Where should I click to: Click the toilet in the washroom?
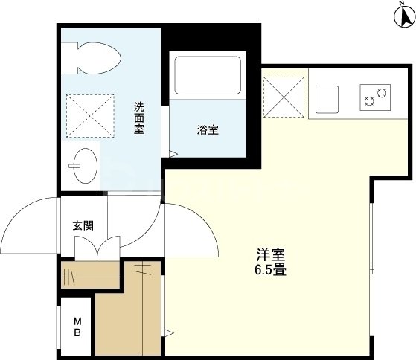click(x=92, y=58)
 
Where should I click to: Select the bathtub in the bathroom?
click(x=208, y=75)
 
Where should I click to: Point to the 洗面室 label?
click(x=139, y=118)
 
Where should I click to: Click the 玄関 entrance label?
click(x=83, y=225)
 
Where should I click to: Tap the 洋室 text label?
click(x=269, y=254)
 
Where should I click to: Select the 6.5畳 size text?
click(x=269, y=269)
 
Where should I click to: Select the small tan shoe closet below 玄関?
click(x=90, y=274)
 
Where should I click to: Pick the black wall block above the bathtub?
click(x=212, y=37)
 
